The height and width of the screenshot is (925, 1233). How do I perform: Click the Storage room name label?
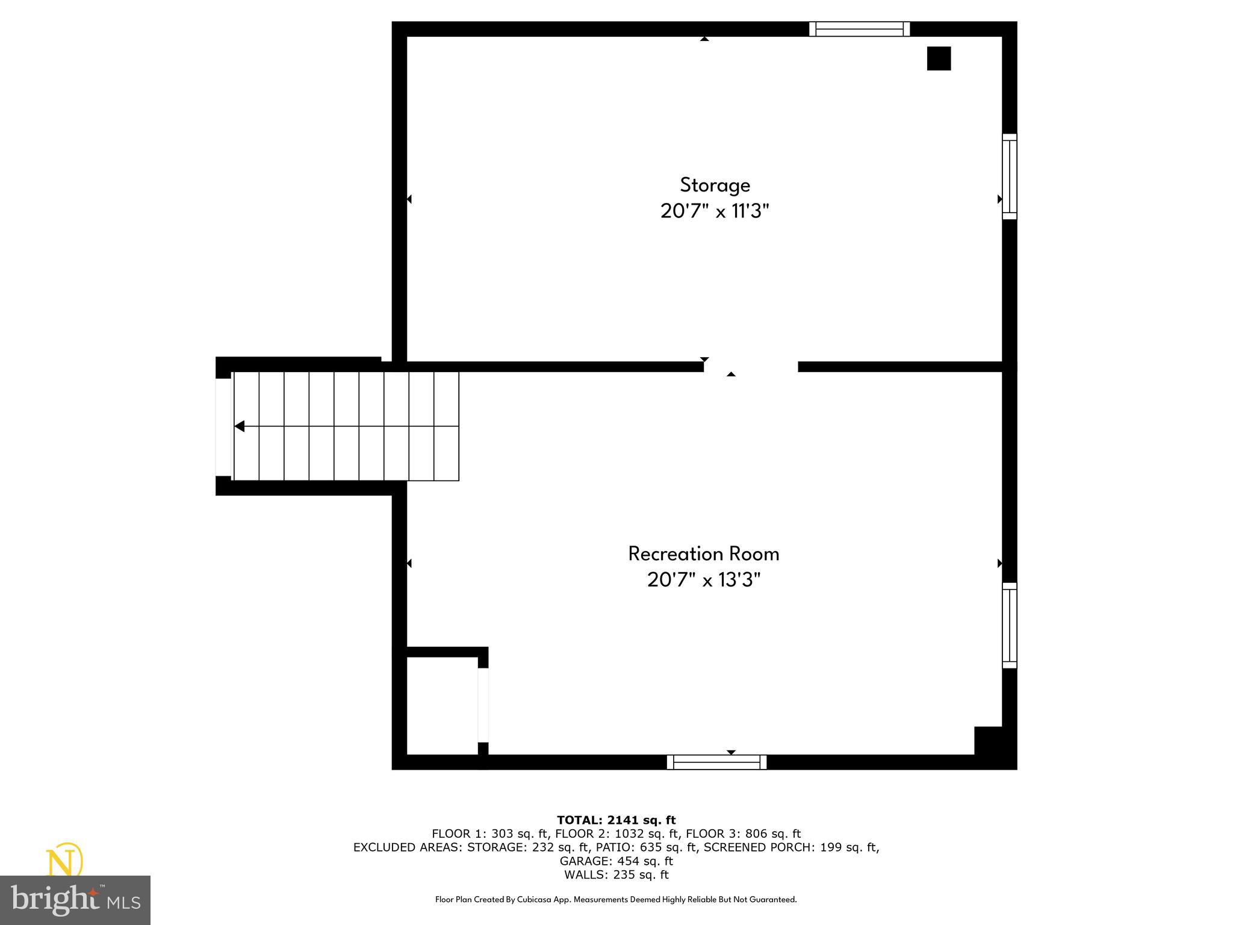715,185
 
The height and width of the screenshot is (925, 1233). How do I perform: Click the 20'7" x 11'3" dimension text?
715,211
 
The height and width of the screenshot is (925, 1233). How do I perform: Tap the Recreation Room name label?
703,554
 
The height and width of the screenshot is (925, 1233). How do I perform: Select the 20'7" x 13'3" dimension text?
703,580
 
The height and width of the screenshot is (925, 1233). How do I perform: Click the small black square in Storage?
939,58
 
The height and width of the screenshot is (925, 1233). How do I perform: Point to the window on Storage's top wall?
859,29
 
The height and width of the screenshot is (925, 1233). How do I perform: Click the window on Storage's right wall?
1009,176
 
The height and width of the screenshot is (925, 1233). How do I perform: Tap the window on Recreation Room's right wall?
1009,625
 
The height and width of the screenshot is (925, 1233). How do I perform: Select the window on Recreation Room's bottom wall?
716,762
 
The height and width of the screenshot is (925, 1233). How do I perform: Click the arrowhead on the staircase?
240,426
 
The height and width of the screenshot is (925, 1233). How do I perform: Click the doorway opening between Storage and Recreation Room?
751,367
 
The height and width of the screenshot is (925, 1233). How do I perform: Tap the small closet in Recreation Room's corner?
442,705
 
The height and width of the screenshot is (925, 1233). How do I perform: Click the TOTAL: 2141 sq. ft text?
616,820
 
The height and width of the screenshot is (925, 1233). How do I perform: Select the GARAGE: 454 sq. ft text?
616,861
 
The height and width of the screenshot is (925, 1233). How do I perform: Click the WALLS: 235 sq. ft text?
616,875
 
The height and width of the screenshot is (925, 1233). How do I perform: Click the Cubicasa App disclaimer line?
616,900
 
